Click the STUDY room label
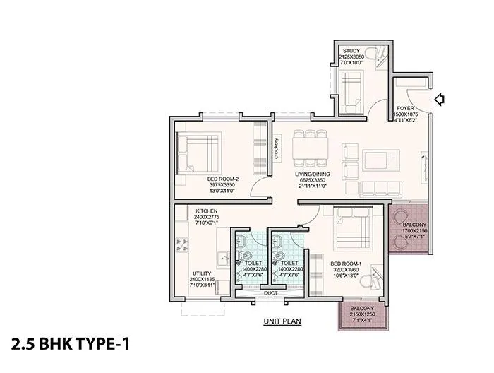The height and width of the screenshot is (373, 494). click(351, 52)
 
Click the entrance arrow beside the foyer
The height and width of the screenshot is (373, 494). click(441, 100)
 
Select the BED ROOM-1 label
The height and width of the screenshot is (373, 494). click(346, 263)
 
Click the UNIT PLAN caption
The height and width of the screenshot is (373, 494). click(282, 320)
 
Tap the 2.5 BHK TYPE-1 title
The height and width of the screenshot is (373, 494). click(71, 345)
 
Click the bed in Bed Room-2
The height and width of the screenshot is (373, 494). click(198, 149)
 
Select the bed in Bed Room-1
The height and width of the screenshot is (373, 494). click(349, 227)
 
